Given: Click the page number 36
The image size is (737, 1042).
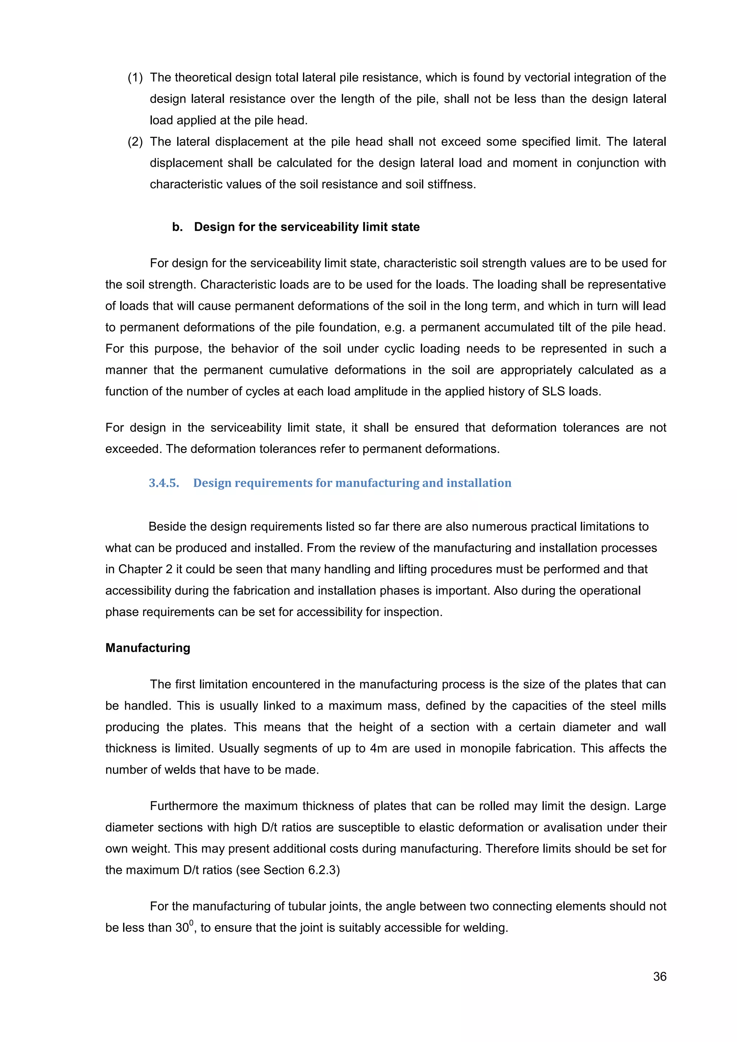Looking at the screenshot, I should pos(659,976).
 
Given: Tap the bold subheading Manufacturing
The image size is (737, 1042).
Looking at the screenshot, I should pos(148,648).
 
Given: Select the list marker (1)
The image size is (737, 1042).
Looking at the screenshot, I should pos(135,78).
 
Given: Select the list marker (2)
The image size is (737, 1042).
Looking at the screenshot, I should pos(135,142).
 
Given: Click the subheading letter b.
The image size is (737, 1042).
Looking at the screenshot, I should pos(177,227).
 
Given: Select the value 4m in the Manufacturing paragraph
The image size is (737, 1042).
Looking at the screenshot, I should pos(378,748).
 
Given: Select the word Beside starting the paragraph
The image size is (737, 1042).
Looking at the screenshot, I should pos(167,526).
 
